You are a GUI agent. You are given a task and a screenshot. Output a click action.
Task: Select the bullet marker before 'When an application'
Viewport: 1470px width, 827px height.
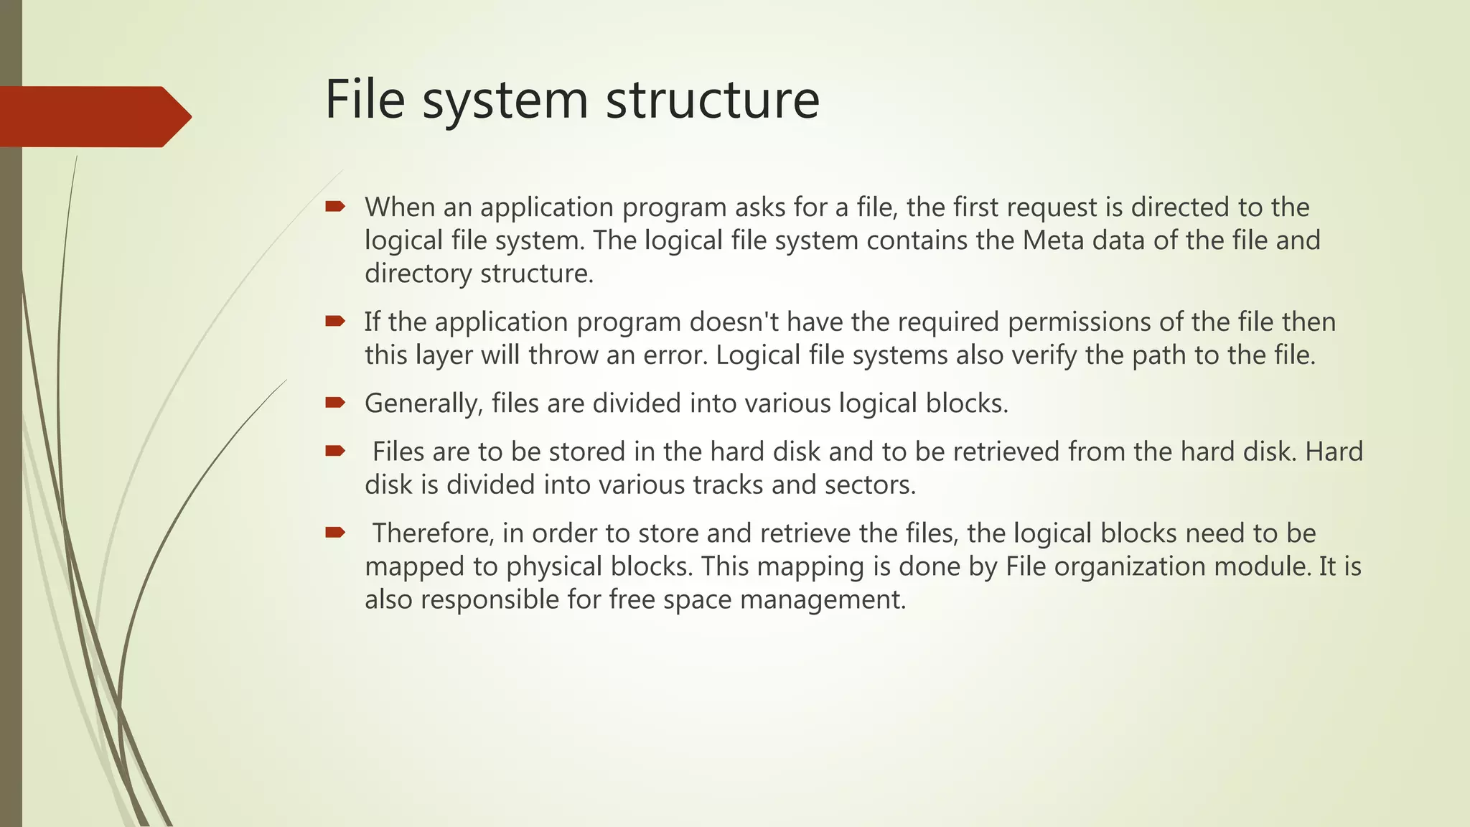pos(334,207)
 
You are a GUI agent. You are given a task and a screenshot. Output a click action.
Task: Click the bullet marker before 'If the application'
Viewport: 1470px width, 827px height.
pos(334,322)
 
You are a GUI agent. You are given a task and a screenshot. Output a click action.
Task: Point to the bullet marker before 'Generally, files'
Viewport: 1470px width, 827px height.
pos(334,403)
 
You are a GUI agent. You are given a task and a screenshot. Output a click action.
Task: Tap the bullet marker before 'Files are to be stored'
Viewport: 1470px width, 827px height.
pos(334,452)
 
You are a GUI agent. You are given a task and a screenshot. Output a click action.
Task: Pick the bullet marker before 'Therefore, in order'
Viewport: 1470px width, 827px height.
pos(334,533)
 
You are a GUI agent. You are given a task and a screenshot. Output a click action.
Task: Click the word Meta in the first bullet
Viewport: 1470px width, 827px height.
pos(1052,240)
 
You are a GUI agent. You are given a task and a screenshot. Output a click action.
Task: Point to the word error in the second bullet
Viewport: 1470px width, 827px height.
pos(670,355)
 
